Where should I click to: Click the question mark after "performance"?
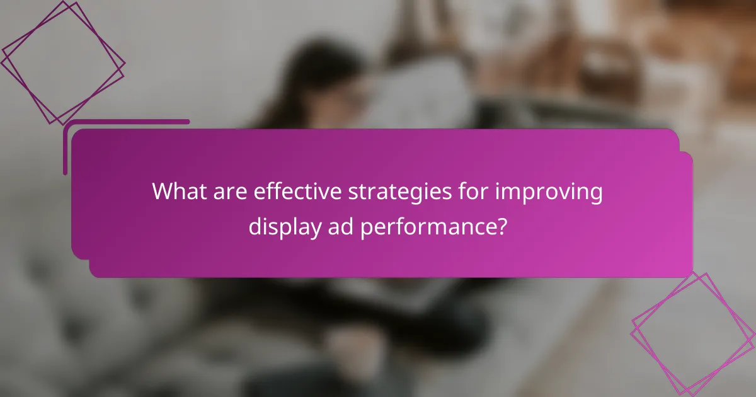(x=501, y=226)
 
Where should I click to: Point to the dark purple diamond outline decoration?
(x=62, y=62)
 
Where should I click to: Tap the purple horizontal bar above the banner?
(x=127, y=122)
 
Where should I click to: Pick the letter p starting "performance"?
(x=367, y=228)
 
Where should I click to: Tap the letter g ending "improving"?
(x=595, y=195)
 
